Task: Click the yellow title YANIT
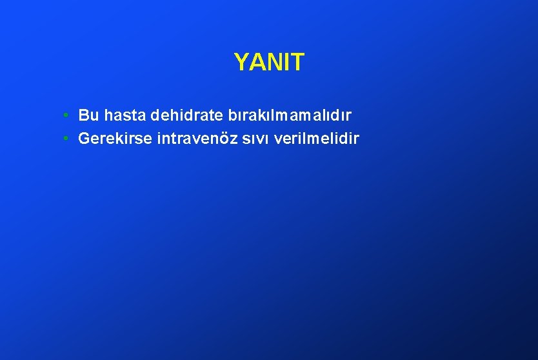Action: [268, 63]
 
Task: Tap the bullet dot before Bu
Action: [66, 115]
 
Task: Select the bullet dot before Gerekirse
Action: [66, 138]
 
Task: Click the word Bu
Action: [88, 116]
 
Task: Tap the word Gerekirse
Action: [115, 139]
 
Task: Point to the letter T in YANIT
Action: [297, 63]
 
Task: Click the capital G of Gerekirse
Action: [84, 139]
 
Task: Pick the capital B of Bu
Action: [84, 116]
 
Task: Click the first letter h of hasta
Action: [108, 116]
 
